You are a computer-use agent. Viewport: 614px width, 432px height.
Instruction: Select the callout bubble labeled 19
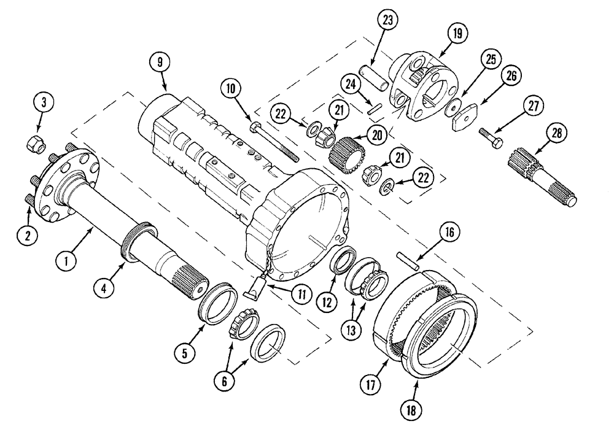tap(457, 36)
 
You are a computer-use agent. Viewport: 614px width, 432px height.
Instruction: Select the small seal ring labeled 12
tap(341, 258)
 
